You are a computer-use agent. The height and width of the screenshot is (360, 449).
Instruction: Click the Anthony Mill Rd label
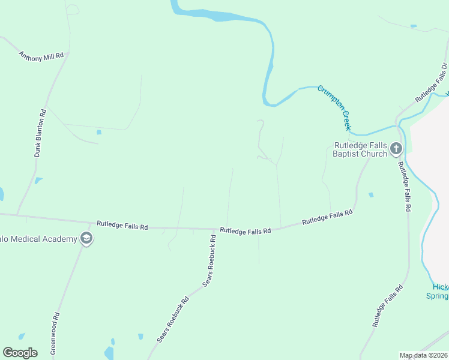pyautogui.click(x=41, y=56)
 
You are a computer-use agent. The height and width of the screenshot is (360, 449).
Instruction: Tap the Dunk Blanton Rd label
pyautogui.click(x=40, y=133)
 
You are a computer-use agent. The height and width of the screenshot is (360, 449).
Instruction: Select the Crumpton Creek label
pyautogui.click(x=334, y=107)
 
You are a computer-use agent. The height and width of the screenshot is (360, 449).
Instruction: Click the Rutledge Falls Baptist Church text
pyautogui.click(x=360, y=149)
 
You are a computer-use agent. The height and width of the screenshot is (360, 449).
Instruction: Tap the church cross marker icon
pyautogui.click(x=396, y=148)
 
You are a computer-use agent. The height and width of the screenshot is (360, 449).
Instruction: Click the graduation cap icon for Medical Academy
pyautogui.click(x=86, y=239)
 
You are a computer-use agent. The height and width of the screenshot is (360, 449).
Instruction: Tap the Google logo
pyautogui.click(x=20, y=353)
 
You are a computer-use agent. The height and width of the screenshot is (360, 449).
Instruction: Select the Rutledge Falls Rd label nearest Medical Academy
pyautogui.click(x=122, y=226)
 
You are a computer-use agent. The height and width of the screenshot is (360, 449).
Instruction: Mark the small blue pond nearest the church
pyautogui.click(x=371, y=194)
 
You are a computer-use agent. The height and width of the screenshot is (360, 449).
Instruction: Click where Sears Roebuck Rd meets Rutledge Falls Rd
pyautogui.click(x=215, y=229)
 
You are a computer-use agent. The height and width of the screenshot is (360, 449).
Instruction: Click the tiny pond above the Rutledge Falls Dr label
pyautogui.click(x=413, y=26)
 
